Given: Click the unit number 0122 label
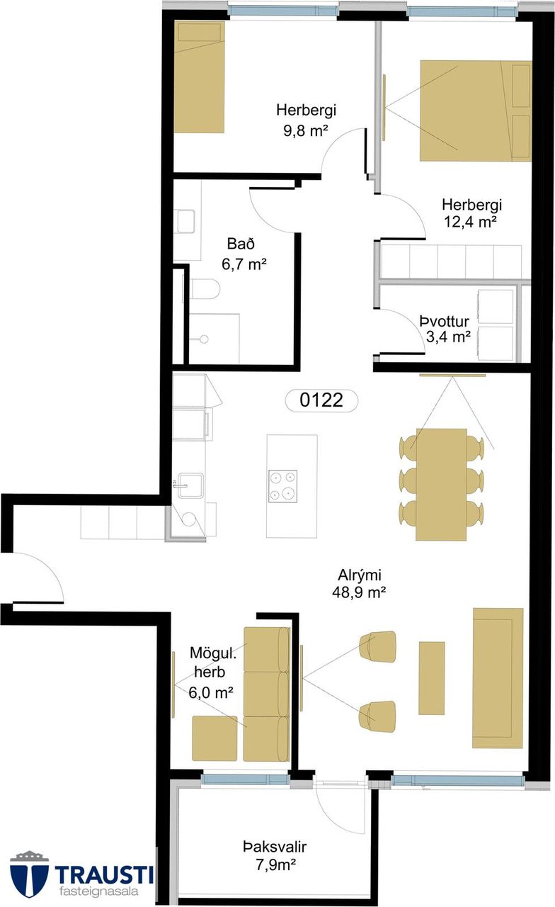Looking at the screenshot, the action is (x=321, y=400).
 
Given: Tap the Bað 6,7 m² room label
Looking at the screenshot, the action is (x=244, y=254).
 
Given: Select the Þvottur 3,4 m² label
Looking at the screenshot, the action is (x=444, y=328).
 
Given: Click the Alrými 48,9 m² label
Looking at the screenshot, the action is (x=359, y=584).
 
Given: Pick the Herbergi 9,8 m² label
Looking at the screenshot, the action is (x=306, y=120).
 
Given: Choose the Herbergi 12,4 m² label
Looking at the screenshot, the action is (x=471, y=213).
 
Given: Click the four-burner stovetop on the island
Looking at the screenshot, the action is (x=282, y=486).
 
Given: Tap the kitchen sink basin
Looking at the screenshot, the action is (x=190, y=485).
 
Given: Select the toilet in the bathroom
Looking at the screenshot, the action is (x=205, y=289).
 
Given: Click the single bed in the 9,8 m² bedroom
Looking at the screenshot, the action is (x=199, y=77).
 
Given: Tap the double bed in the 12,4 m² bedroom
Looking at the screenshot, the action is (x=475, y=111).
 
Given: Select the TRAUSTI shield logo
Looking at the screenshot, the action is (x=29, y=874).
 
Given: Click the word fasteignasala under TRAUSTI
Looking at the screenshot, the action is (x=98, y=892).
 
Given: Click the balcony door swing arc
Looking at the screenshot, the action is (x=341, y=809).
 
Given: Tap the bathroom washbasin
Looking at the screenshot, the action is (x=185, y=221).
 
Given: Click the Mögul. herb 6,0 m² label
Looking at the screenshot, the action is (x=212, y=672).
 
